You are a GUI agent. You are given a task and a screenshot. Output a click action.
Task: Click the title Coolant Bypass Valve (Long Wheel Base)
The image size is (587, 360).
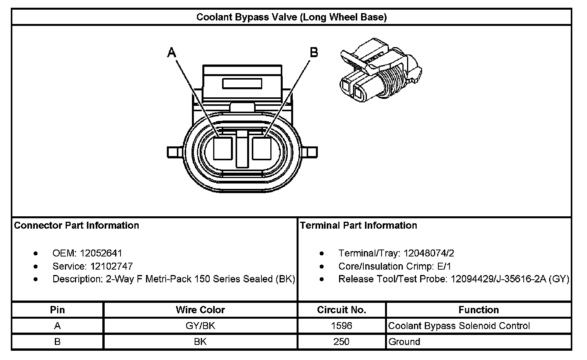click(292, 17)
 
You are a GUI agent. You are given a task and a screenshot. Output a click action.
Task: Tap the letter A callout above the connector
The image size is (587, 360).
click(171, 52)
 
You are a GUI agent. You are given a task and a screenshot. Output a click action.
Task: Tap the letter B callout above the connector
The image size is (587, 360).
click(314, 52)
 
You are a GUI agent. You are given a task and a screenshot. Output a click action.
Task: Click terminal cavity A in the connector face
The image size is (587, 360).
click(222, 148)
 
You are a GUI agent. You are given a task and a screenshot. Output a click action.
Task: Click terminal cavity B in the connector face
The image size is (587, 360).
click(261, 148)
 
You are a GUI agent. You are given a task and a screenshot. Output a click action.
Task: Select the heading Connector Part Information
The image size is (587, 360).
click(76, 226)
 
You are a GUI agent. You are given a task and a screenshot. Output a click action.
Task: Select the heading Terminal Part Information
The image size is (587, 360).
click(358, 226)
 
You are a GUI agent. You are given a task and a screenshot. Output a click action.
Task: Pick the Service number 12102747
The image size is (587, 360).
click(112, 267)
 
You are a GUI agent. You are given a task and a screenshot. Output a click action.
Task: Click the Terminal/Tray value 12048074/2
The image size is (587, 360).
click(429, 253)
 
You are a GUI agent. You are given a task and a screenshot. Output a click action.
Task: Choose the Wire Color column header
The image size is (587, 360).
click(200, 310)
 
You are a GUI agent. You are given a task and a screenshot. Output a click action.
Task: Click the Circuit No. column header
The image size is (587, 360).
click(341, 310)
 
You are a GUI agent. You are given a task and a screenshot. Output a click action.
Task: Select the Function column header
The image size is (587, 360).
click(478, 310)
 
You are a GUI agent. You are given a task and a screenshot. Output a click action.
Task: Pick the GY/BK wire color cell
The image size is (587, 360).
click(200, 326)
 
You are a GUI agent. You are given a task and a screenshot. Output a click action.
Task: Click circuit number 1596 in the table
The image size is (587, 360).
click(341, 326)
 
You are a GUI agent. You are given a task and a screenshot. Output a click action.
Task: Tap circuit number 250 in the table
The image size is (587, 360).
click(341, 342)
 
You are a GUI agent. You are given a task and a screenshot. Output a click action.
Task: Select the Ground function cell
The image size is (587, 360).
click(404, 342)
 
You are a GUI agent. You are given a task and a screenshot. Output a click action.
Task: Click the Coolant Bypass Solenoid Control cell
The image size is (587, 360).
click(459, 326)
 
